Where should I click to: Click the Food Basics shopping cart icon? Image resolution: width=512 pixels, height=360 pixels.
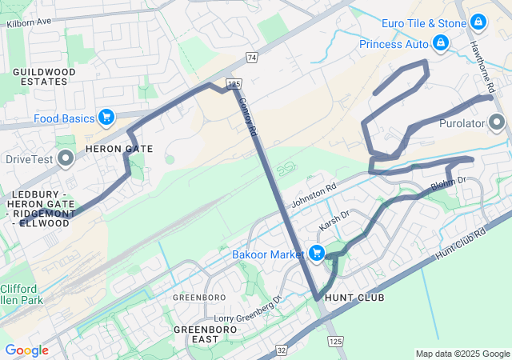106,118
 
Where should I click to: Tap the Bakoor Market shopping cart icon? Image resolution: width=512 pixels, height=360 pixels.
317,254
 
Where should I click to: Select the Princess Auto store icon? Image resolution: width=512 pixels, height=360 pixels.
440,42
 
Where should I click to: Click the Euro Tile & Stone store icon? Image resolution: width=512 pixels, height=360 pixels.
478,22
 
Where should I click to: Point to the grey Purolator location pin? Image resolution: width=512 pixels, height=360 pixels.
497,123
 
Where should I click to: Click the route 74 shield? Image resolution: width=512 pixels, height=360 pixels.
252,58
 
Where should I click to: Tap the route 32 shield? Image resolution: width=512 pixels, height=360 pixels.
281,350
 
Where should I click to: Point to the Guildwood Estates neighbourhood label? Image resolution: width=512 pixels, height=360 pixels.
44,77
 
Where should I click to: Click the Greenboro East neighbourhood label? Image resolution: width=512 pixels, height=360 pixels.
206,334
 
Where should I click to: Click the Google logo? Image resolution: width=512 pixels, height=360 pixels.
26,350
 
